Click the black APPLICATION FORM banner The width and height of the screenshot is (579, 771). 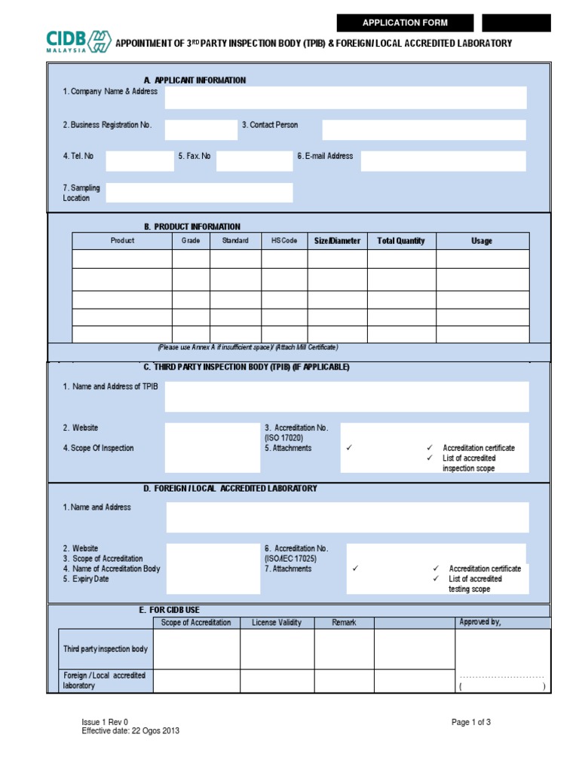pos(406,23)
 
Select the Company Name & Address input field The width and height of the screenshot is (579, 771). pos(345,97)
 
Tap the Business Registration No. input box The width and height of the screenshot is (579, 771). pos(201,130)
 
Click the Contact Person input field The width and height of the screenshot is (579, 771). pos(424,130)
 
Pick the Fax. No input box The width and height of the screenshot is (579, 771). pos(253,161)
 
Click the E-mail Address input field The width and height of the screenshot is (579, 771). pos(443,161)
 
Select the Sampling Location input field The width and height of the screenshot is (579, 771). pos(199,193)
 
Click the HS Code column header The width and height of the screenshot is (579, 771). pos(284,241)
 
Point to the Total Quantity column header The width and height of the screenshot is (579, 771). pos(401,241)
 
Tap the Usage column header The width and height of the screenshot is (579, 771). pos(482,241)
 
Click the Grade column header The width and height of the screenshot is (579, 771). pos(191,241)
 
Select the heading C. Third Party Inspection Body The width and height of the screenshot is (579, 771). pos(247,367)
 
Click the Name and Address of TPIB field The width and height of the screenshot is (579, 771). pos(347,396)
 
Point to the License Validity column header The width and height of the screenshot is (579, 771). pos(277,623)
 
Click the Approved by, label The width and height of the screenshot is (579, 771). pos(480,622)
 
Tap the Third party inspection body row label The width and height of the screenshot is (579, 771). pos(106,649)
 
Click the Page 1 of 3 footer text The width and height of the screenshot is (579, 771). pos(471,722)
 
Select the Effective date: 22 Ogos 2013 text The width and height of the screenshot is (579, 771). pos(130,730)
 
